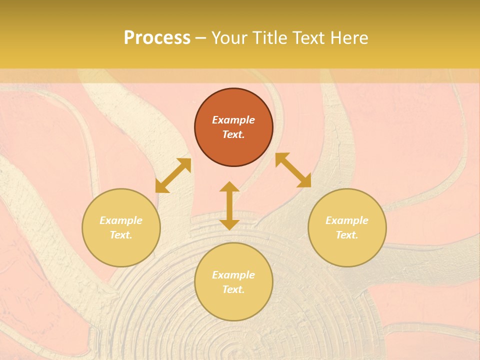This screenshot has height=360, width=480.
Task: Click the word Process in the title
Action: coord(157,38)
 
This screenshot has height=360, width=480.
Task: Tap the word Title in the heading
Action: coord(270,38)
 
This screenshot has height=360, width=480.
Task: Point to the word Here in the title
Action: coord(350,38)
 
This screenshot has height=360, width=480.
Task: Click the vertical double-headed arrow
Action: coord(229,205)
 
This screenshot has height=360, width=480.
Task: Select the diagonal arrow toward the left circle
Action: coord(173,175)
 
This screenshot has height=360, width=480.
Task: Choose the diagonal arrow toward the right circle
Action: coord(293,170)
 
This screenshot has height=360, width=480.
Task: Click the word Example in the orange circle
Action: coord(233,120)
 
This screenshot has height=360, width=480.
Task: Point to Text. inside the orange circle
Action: coord(233,134)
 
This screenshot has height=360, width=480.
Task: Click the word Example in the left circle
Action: coord(121,220)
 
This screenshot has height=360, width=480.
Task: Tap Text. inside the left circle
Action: coord(121,235)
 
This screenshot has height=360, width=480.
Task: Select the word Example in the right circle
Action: coord(347,220)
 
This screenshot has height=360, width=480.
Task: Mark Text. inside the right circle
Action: coord(347,235)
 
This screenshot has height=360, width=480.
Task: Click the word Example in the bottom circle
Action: coord(233,275)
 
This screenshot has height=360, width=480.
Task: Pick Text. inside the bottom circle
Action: coord(233,289)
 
